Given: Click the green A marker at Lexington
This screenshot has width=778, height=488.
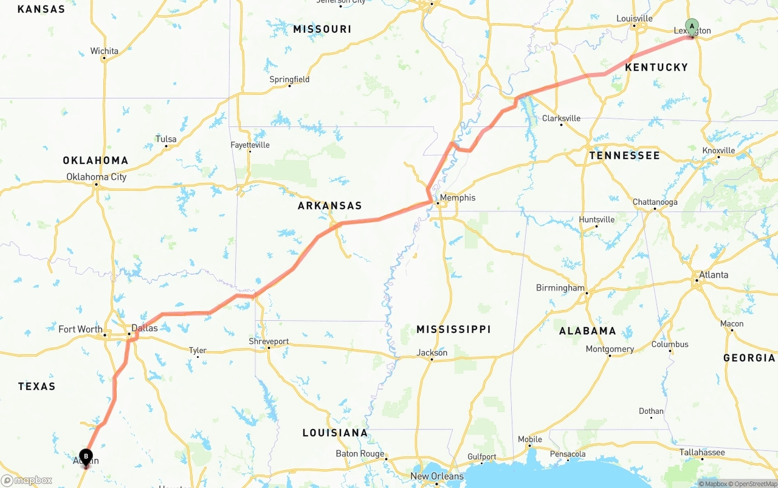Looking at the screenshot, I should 692,26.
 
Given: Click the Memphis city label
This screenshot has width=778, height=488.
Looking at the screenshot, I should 457,198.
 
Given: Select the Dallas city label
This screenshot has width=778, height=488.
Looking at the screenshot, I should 145,328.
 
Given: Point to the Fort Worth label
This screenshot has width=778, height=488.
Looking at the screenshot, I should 80,329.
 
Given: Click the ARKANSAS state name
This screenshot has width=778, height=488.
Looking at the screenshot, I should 329,206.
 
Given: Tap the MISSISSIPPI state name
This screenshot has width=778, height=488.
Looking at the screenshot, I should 453,329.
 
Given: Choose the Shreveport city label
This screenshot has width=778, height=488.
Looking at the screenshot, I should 269,342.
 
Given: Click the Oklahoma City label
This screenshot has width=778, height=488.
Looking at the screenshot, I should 97,177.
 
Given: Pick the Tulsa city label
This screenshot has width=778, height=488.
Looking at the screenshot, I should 166,139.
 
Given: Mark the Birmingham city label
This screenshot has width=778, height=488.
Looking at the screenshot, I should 560,288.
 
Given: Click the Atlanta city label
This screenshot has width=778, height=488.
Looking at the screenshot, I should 714,275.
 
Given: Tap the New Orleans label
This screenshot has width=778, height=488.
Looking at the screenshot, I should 437,476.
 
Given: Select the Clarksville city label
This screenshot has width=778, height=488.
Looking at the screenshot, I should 561,119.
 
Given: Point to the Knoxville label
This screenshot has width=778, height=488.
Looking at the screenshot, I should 718,151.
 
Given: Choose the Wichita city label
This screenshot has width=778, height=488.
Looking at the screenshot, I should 105,51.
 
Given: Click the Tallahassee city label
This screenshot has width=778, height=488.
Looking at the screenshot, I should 702,453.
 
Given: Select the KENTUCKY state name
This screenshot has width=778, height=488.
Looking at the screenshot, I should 656,67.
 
